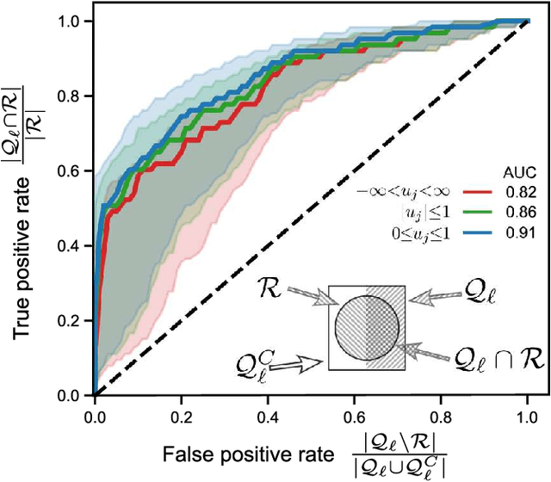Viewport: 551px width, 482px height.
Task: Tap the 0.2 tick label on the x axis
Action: (x=181, y=415)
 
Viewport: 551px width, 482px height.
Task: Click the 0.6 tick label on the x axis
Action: (x=354, y=415)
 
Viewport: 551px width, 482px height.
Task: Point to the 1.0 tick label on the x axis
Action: (x=527, y=415)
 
